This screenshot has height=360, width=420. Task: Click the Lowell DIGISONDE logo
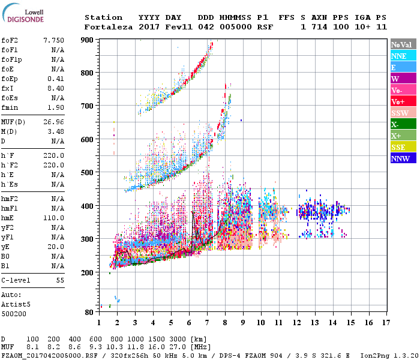22,14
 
